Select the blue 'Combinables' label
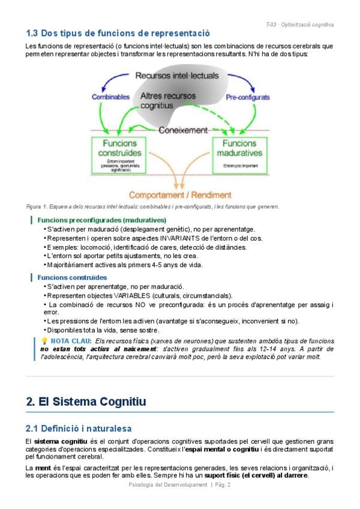(x=110, y=97)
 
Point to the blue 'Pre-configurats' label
(x=247, y=97)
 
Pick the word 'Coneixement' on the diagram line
(x=182, y=130)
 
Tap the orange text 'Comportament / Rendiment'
(x=181, y=195)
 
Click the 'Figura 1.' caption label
(x=38, y=207)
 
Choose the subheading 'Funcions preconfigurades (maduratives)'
(x=101, y=220)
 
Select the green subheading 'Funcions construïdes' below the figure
(x=72, y=277)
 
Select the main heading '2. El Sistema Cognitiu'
(x=86, y=402)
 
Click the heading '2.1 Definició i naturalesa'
(x=79, y=429)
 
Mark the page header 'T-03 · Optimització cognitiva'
(x=299, y=25)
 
